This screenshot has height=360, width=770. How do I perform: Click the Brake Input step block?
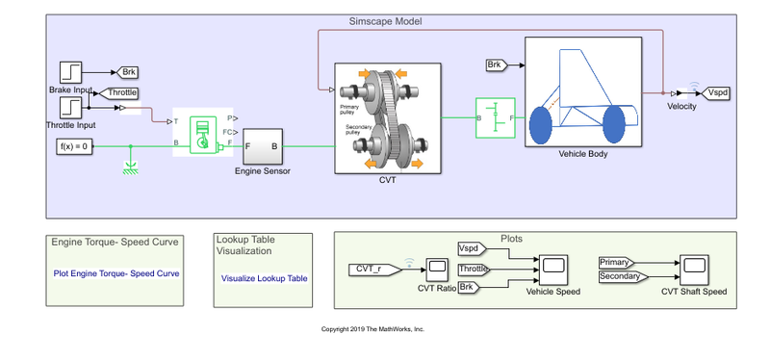72,72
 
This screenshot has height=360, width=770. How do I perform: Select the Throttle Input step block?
72,107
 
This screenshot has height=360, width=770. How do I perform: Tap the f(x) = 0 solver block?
75,146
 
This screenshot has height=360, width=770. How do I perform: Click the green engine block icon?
202,133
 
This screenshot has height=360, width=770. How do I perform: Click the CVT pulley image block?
387,117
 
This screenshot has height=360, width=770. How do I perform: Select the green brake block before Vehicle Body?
496,117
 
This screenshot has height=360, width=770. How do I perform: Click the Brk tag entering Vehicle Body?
497,65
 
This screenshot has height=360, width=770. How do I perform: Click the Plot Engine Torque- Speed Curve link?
116,272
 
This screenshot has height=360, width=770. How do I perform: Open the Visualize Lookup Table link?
265,278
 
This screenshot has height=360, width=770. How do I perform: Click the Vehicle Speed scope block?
553,265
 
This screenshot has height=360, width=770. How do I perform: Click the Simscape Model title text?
385,21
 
